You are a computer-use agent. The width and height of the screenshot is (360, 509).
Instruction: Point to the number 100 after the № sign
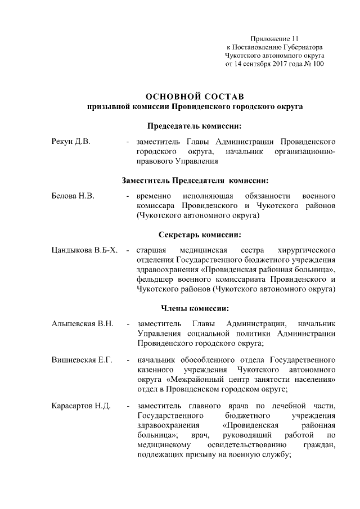318,64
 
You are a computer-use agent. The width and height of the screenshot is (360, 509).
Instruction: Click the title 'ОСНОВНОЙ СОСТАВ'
194,96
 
